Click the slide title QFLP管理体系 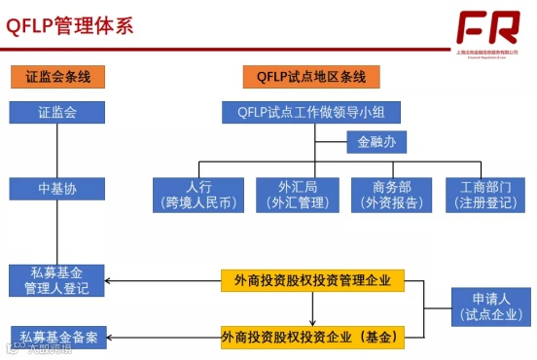tap(70, 25)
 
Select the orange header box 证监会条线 tap(57, 76)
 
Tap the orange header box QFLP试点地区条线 tap(311, 76)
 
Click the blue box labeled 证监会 tap(57, 112)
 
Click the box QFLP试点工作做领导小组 tap(311, 112)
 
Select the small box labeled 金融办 tap(376, 142)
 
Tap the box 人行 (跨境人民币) tap(198, 195)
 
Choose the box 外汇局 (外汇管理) tap(295, 195)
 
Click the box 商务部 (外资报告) tap(390, 195)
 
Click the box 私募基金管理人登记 tap(56, 280)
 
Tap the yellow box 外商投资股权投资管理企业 tap(312, 280)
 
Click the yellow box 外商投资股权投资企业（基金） tap(311, 338)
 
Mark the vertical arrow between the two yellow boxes tap(312, 308)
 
